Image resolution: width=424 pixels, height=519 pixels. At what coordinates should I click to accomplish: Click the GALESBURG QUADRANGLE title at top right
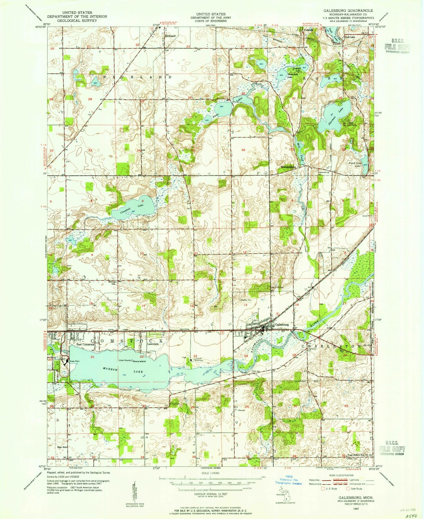348,10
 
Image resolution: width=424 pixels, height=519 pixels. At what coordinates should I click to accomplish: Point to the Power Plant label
75,361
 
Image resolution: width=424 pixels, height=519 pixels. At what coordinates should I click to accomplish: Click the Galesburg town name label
282,325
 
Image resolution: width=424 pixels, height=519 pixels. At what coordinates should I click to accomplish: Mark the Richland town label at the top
170,36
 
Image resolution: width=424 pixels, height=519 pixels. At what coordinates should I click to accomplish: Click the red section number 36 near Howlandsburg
243,150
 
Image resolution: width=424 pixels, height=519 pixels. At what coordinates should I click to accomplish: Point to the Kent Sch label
63,447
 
